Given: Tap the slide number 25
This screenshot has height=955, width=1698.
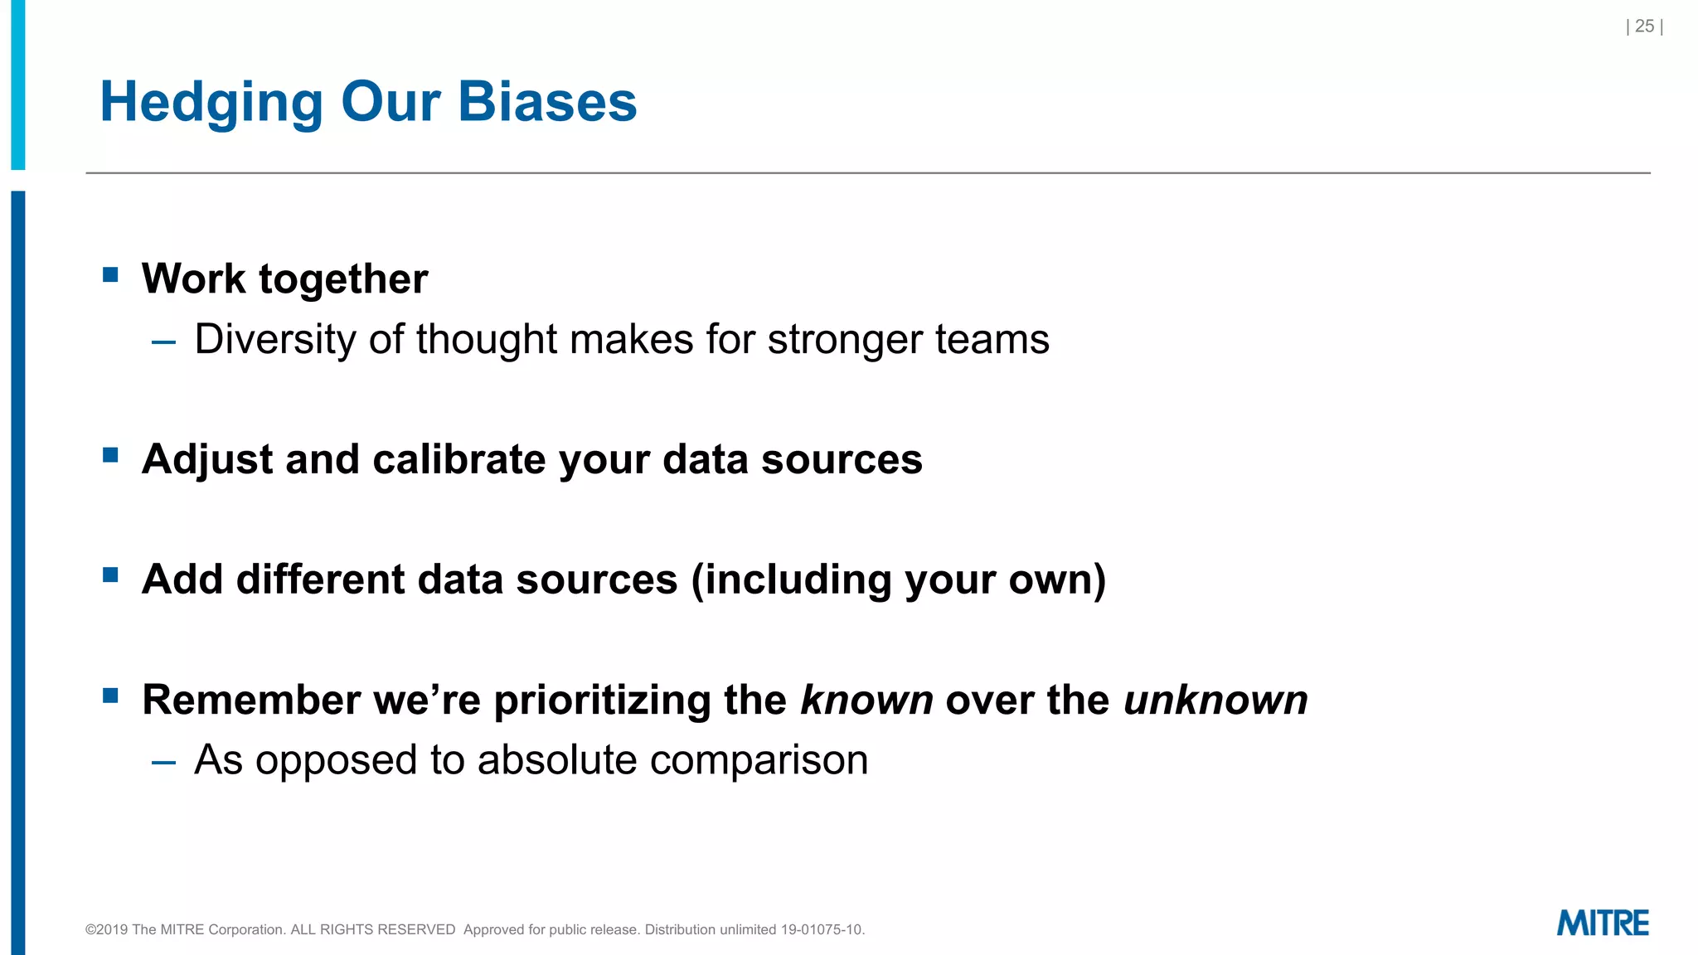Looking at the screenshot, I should [1644, 27].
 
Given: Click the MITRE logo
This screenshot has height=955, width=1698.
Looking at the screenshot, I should [1602, 923].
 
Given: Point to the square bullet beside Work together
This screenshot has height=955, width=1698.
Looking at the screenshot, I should [110, 274].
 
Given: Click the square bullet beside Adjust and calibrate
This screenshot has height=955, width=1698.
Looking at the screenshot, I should [110, 455].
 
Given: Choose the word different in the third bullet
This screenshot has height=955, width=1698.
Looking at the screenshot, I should [320, 579].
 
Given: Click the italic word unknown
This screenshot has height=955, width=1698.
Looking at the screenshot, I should [1215, 700].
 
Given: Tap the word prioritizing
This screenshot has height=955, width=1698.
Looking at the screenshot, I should [602, 700].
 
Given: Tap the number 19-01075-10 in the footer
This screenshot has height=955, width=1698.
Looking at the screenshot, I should [821, 929].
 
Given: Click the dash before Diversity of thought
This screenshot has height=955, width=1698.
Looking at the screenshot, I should [163, 342].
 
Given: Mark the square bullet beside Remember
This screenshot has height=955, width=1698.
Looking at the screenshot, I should [110, 695].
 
